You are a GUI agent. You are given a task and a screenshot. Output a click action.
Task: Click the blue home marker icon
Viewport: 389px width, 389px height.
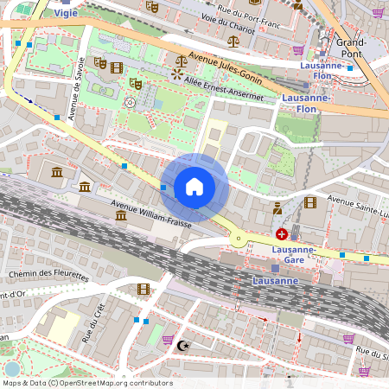pos(194,188)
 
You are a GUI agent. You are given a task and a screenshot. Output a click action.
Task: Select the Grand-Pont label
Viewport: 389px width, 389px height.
pos(352,47)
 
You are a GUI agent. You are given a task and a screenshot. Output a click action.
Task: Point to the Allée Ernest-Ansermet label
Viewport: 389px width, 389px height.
pos(223,89)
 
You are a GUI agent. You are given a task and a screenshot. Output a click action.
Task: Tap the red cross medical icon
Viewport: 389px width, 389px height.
pos(282,234)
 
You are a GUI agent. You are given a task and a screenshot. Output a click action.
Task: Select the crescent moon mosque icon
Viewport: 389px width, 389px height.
pos(182,345)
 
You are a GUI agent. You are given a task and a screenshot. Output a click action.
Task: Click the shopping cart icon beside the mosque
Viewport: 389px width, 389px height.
pos(168,340)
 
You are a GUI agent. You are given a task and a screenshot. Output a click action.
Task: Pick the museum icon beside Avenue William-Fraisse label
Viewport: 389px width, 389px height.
pos(122,214)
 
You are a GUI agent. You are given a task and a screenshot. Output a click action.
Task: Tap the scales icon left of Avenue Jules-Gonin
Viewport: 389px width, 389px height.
pos(180,61)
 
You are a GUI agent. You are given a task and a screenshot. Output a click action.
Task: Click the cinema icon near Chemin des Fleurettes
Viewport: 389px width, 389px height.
pos(143,289)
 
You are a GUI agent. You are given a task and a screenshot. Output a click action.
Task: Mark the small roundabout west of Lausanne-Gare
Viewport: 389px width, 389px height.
pos(238,239)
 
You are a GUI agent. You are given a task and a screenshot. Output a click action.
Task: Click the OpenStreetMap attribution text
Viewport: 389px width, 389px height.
pos(87,383)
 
